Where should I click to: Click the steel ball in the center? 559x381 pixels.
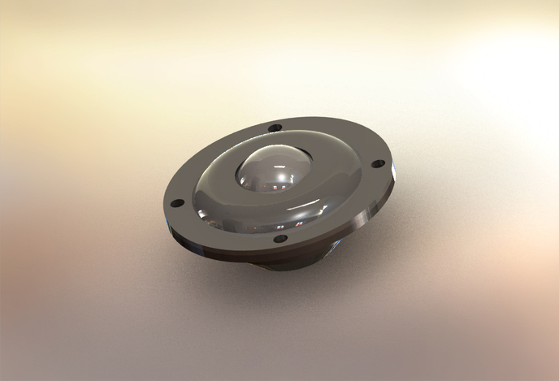coord(271,171)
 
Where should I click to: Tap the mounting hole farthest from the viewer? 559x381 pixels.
coord(275,128)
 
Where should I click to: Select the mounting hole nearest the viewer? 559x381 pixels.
coord(279,238)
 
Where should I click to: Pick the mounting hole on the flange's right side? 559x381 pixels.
coord(377,163)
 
